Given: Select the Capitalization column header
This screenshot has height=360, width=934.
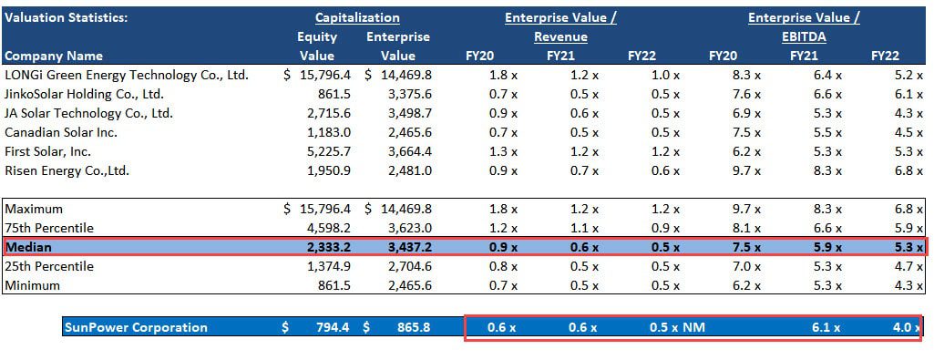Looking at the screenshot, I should (357, 17).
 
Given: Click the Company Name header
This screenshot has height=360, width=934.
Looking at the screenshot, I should (54, 56).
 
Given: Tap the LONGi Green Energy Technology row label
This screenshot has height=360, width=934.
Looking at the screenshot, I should (127, 75).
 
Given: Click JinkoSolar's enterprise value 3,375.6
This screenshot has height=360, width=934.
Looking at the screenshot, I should (404, 94).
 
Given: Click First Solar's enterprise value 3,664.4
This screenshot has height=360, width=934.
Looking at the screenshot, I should (404, 151).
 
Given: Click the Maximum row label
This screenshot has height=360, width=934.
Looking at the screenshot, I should (35, 209).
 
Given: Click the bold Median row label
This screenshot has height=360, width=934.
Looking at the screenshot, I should (29, 247).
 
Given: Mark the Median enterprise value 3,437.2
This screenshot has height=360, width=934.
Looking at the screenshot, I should (404, 247).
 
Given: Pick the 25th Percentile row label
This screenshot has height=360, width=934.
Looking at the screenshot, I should (49, 266).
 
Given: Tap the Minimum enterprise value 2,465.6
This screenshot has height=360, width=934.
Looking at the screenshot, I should (404, 285).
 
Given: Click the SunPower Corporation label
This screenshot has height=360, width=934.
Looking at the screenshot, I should (135, 327).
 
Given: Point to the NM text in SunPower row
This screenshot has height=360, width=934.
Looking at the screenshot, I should (696, 327).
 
